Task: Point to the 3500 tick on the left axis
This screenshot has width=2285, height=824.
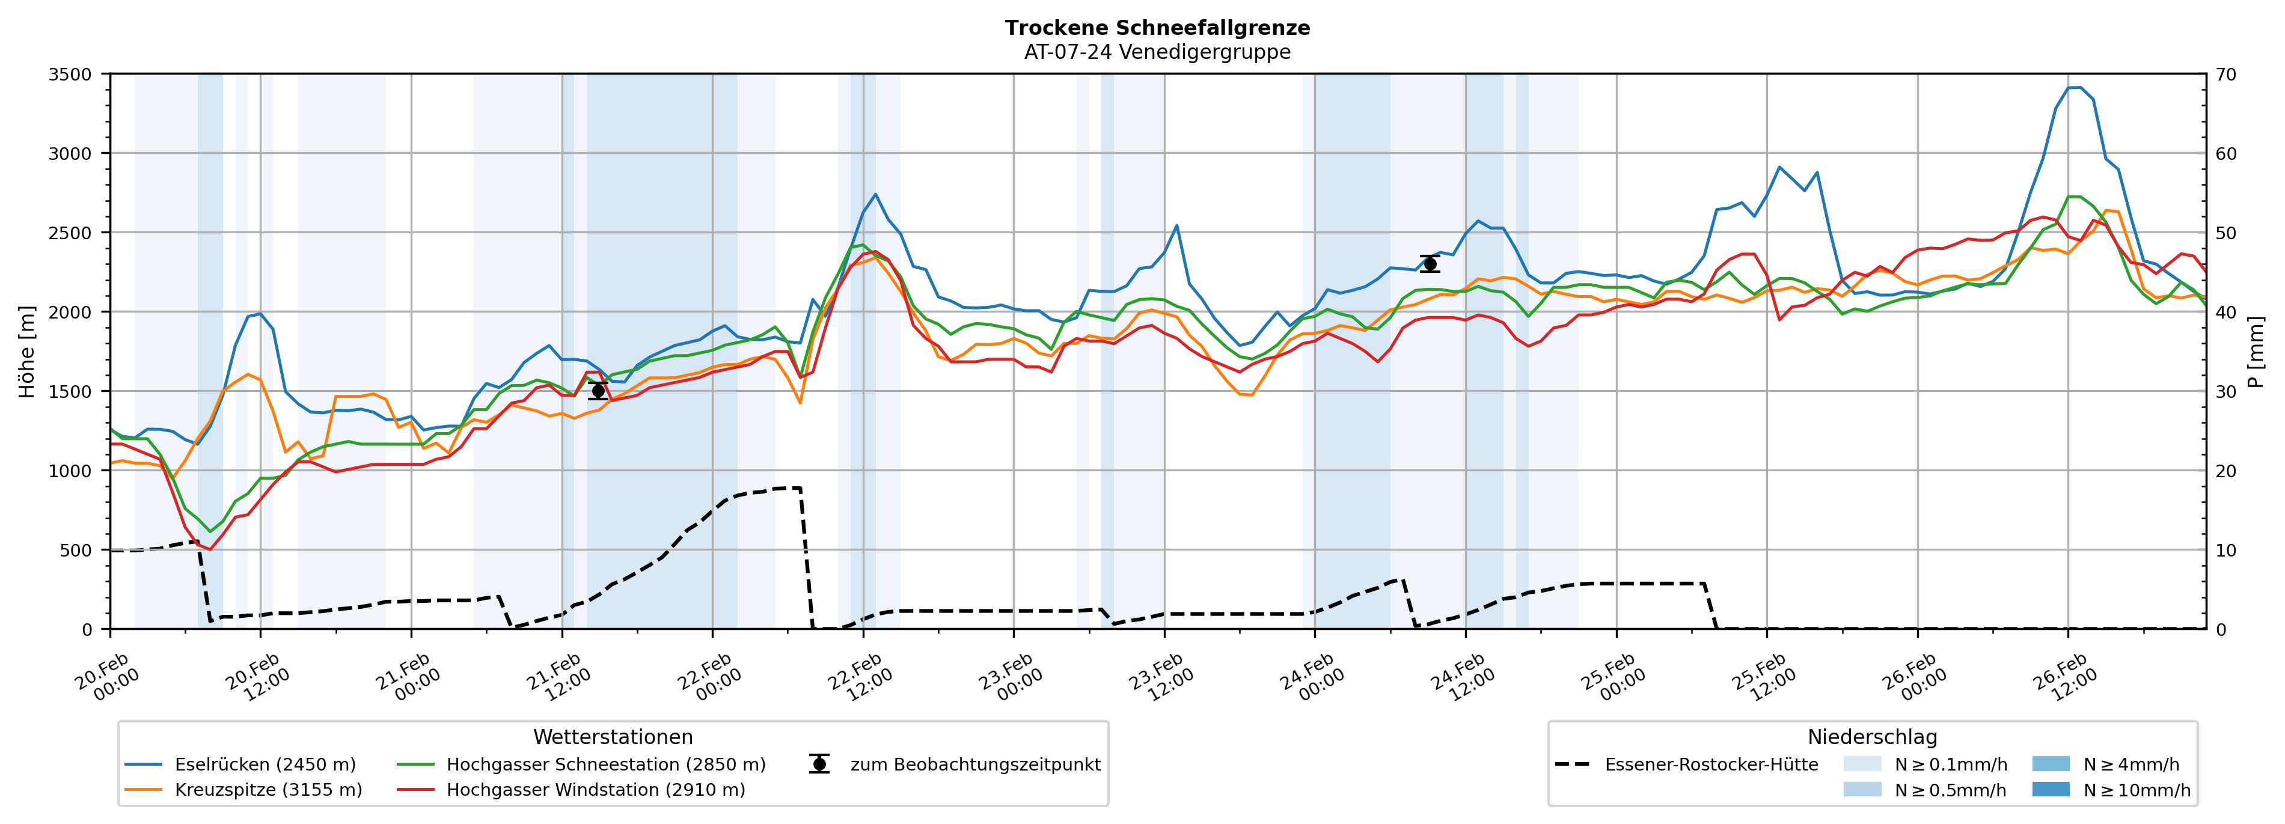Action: pyautogui.click(x=70, y=75)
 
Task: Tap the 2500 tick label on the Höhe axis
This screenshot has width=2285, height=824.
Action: pyautogui.click(x=70, y=233)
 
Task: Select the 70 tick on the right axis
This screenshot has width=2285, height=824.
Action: pyautogui.click(x=2225, y=75)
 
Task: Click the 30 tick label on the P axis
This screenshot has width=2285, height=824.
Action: pyautogui.click(x=2225, y=391)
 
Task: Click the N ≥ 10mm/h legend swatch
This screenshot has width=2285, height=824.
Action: pyautogui.click(x=2050, y=789)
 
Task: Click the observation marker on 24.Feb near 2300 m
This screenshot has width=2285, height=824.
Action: pyautogui.click(x=1430, y=263)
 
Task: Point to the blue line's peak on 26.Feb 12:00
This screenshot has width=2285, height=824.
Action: pyautogui.click(x=2074, y=87)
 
